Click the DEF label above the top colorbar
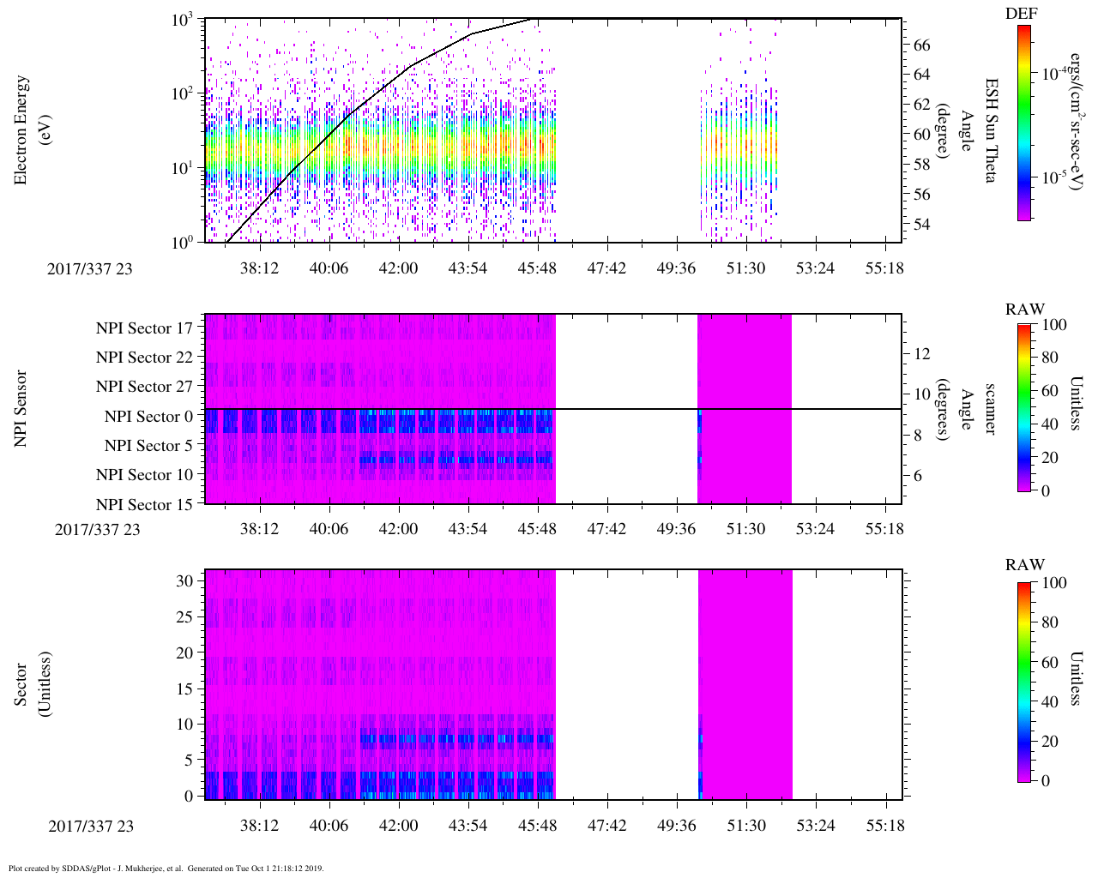pos(1022,14)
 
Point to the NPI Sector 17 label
pos(144,328)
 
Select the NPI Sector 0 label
pos(148,417)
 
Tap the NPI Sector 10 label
pos(144,475)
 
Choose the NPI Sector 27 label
pos(144,387)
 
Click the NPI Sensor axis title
pos(21,408)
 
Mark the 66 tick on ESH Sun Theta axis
pos(921,45)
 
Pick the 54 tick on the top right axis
pos(921,225)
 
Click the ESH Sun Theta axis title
pos(991,130)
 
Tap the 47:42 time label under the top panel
pos(606,268)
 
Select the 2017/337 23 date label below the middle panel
pos(97,529)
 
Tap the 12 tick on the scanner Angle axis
pos(921,353)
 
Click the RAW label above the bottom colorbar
pos(1025,565)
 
